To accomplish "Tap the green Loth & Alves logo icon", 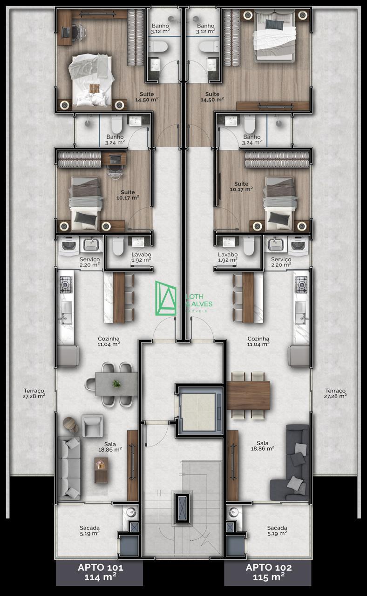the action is pos(165,298).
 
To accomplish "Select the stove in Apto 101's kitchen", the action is pos(66,284).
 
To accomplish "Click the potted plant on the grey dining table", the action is pos(116,384).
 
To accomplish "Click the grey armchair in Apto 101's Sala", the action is pos(92,426).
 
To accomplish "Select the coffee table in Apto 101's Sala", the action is pos(101,470).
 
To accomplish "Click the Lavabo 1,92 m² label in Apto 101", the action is pos(141,257).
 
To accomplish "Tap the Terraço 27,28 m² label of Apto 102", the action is pos(335,393).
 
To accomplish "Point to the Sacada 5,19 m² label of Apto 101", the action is pos(90,530).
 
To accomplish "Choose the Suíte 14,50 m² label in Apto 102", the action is pos(212,97).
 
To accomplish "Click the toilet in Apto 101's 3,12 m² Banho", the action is pos(158,47).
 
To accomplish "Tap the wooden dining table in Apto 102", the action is pos(248,395).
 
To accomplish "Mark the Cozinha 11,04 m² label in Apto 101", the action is pos(109,341).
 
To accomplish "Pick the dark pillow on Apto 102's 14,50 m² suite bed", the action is pos(275,24).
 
